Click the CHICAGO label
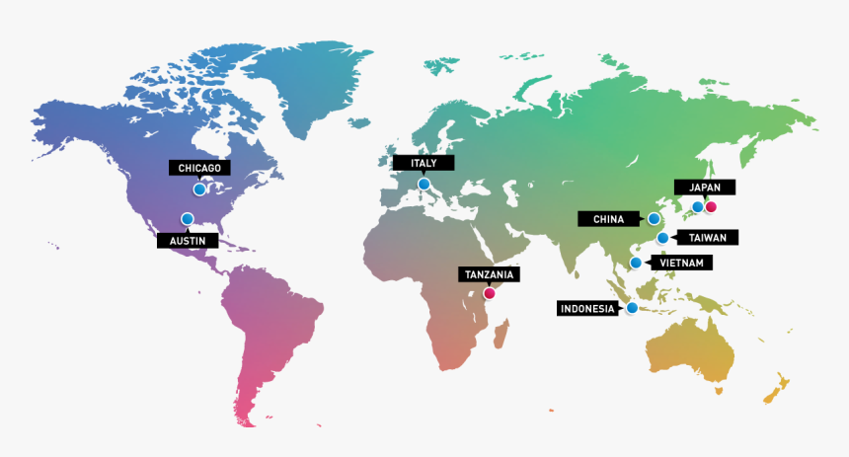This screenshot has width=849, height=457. [200, 167]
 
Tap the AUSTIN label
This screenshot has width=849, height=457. [188, 240]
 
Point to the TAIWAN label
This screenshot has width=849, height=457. [707, 238]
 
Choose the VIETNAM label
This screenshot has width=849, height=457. [682, 263]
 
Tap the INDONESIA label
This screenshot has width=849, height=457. [588, 308]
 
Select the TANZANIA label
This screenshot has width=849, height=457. [489, 274]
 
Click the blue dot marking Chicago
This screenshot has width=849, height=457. [199, 189]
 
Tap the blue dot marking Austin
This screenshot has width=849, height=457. [187, 219]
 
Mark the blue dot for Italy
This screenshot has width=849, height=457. [424, 184]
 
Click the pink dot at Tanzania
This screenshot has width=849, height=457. [489, 293]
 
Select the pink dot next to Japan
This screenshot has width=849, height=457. [710, 207]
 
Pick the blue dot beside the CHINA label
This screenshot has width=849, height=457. [654, 218]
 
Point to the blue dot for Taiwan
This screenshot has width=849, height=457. [662, 238]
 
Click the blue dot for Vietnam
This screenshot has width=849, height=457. [637, 263]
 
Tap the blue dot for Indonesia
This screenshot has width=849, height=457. [632, 308]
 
